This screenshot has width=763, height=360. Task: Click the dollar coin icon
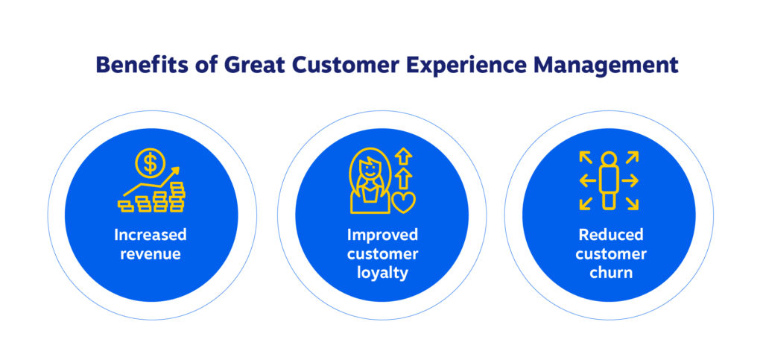click(151, 163)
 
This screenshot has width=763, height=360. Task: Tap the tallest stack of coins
click(177, 198)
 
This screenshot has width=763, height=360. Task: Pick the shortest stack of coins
click(126, 206)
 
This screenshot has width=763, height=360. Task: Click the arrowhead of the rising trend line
click(175, 170)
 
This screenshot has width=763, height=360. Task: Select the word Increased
click(151, 235)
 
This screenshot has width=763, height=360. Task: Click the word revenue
click(151, 254)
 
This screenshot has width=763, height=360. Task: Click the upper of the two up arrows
click(403, 157)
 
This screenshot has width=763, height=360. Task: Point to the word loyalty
click(382, 274)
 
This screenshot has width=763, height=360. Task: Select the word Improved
click(382, 235)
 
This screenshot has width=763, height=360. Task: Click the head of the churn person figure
click(609, 159)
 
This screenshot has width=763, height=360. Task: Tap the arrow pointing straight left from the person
click(588, 181)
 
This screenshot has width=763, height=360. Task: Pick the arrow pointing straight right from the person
click(630, 181)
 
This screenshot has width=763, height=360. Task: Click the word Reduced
click(611, 235)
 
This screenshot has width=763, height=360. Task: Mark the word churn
click(611, 273)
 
